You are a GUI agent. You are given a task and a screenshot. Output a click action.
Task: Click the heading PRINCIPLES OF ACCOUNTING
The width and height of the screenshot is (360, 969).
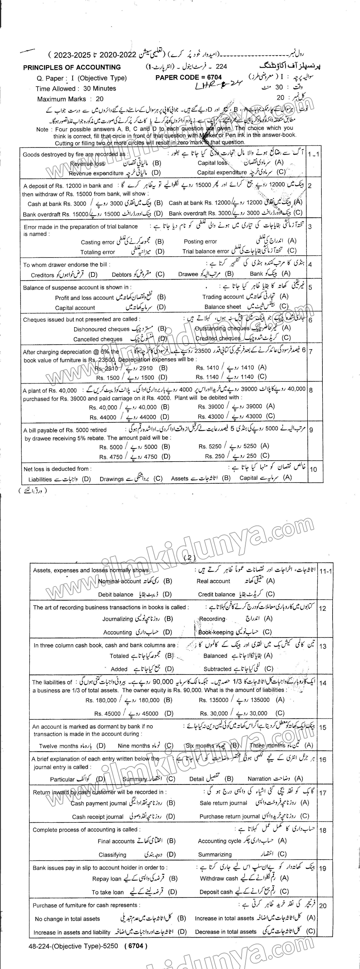pos(72,67)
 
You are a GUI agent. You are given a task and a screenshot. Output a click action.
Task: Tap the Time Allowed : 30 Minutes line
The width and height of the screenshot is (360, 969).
pos(76,89)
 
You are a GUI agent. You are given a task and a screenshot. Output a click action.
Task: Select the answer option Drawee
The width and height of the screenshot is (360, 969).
pos(188,274)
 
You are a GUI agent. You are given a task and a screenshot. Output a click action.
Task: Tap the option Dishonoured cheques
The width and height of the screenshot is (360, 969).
pos(102,329)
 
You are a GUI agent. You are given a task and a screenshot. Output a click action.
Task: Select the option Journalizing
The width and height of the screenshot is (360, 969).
pos(118,619)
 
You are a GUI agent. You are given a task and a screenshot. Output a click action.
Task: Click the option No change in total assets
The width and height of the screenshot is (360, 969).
pos(67,919)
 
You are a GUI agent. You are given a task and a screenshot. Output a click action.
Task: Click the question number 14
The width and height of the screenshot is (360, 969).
pos(322,683)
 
